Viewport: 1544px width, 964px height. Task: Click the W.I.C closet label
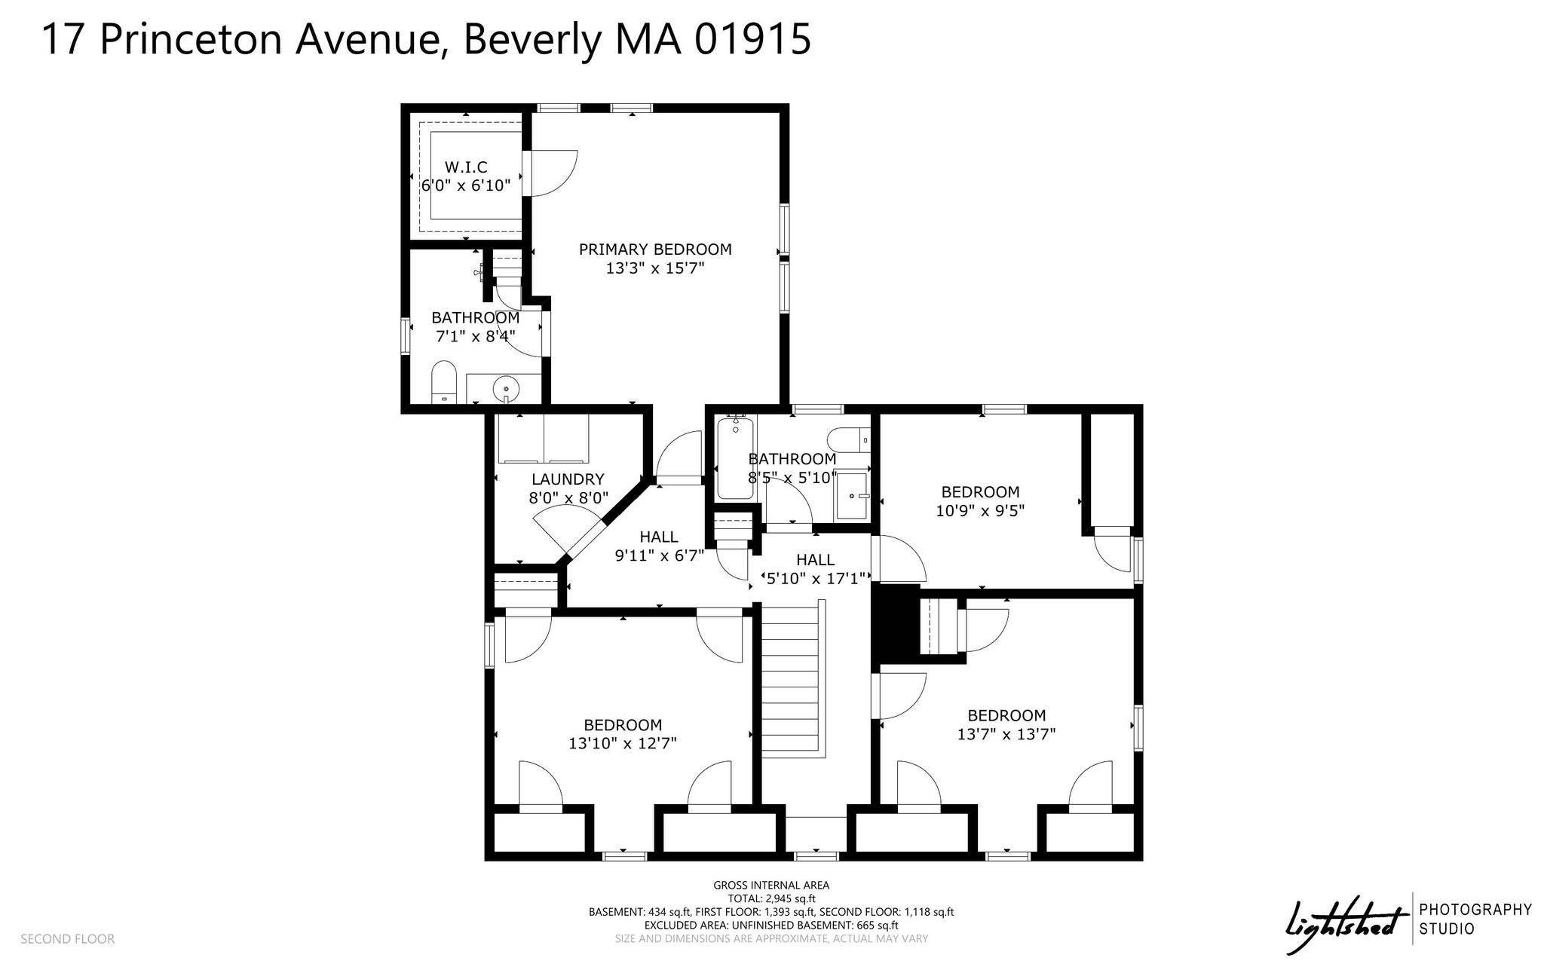click(465, 167)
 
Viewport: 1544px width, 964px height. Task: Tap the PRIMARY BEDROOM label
click(655, 249)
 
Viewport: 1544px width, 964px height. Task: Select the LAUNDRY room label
click(568, 479)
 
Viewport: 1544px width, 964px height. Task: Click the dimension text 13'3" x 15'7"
click(655, 268)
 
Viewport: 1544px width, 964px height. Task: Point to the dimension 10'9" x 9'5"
click(980, 510)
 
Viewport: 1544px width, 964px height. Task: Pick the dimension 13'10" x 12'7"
click(623, 743)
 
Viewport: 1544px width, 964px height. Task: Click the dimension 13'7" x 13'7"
click(1006, 734)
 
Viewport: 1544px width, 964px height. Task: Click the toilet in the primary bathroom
click(445, 382)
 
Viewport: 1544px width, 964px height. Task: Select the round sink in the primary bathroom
click(506, 390)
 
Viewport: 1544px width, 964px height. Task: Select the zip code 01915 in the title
click(752, 39)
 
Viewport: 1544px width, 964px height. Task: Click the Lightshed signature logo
click(1347, 918)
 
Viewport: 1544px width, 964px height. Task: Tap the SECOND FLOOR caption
click(68, 939)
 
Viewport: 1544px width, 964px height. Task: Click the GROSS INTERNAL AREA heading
click(771, 886)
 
